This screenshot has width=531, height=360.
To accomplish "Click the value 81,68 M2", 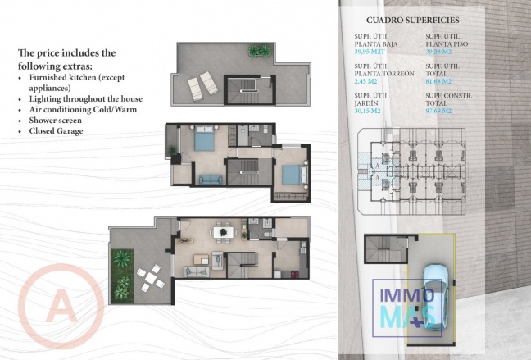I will click(439, 81).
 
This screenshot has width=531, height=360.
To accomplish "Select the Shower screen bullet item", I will click(58, 120).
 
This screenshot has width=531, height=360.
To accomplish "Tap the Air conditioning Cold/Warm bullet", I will click(82, 109).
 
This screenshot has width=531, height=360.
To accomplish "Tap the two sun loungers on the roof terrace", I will click(201, 82).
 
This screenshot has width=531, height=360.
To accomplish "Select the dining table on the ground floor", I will click(221, 233).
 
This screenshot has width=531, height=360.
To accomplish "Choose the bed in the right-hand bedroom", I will click(290, 174).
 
